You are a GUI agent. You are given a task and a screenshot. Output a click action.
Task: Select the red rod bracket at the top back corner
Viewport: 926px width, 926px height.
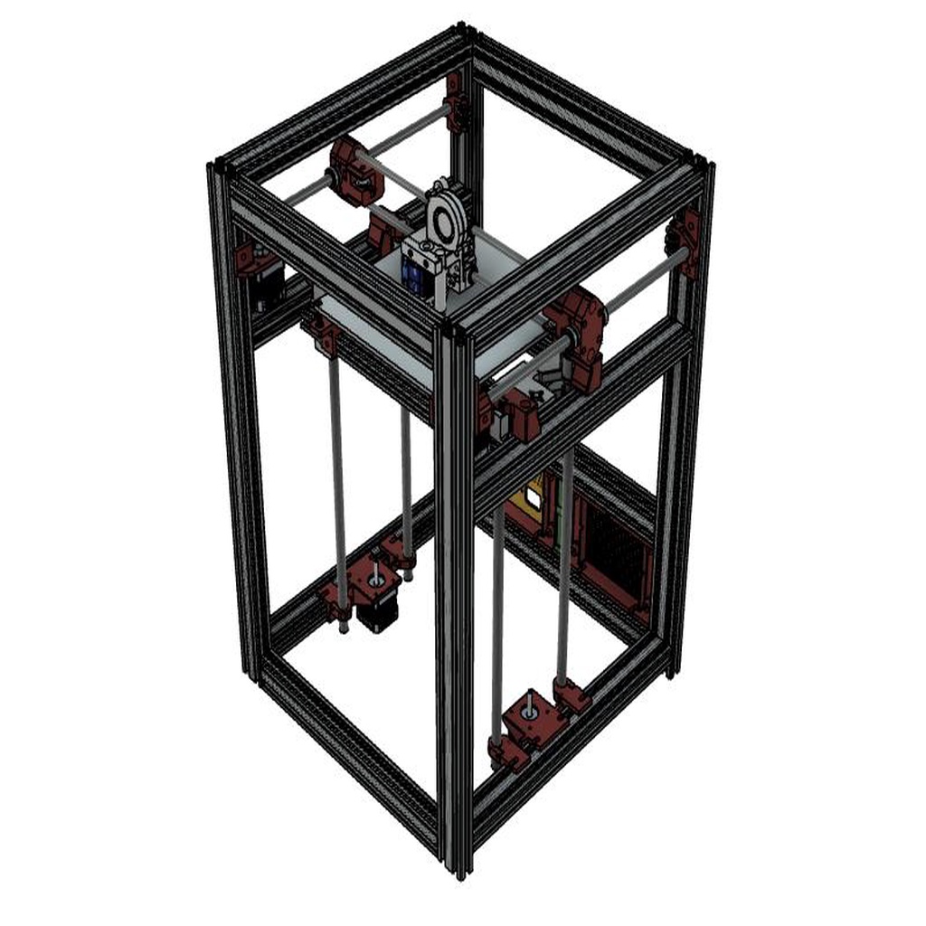point(457,99)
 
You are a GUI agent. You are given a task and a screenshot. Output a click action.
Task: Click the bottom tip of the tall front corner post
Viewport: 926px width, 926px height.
point(460,870)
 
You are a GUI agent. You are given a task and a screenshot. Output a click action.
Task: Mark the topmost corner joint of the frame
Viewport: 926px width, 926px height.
point(463,32)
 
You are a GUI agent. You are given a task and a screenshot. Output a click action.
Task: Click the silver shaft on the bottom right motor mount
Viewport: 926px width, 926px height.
point(529,700)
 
